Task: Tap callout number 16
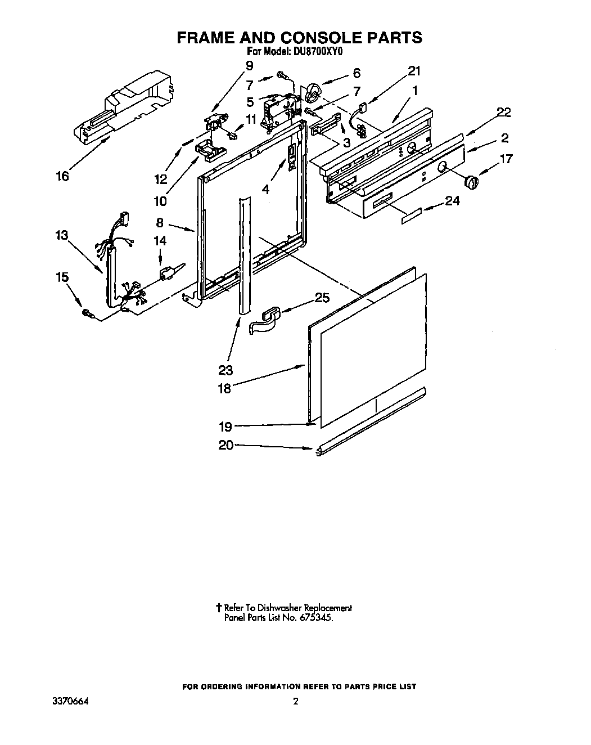62,177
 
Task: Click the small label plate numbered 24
412,216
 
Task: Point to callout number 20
225,445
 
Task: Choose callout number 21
414,71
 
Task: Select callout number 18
224,388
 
